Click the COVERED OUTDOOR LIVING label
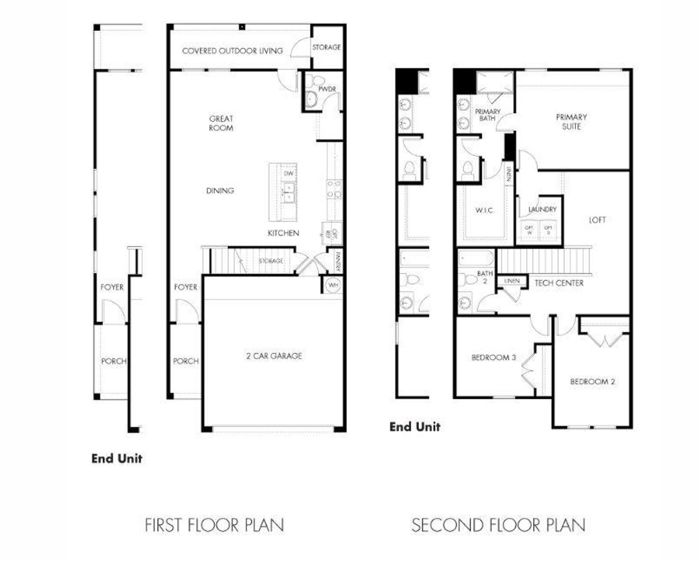(x=232, y=51)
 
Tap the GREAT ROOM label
(x=221, y=123)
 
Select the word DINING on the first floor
(x=220, y=190)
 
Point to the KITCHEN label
(x=283, y=233)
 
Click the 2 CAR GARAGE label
(x=274, y=356)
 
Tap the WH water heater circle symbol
(x=332, y=285)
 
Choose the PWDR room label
(x=327, y=89)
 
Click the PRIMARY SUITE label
(x=571, y=121)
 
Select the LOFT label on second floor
(x=597, y=220)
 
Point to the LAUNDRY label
(x=542, y=209)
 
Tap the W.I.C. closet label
(x=484, y=211)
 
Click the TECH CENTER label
(x=559, y=283)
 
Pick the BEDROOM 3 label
(x=494, y=357)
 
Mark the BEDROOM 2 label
(x=592, y=381)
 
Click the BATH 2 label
(x=485, y=277)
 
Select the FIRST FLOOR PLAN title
(x=214, y=525)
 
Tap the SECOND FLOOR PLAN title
(x=498, y=525)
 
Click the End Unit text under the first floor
(x=117, y=458)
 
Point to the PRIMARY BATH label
(x=487, y=115)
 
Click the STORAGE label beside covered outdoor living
(x=326, y=47)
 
